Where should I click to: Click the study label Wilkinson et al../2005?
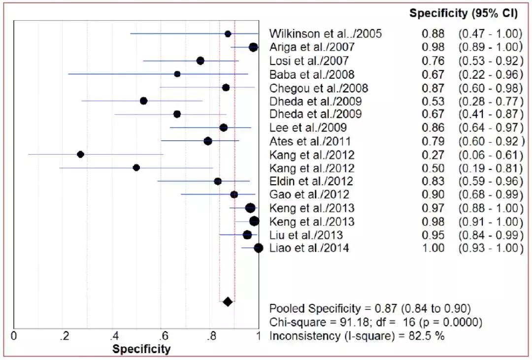click(326, 34)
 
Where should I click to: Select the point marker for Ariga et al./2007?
click(253, 47)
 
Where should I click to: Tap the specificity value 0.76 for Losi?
click(433, 61)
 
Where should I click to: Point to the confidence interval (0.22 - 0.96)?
click(491, 74)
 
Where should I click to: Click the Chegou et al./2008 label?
click(319, 88)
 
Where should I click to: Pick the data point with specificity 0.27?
click(81, 154)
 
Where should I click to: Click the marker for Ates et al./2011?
click(208, 141)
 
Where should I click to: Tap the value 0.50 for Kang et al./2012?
click(433, 168)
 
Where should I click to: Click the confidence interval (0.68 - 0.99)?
click(491, 195)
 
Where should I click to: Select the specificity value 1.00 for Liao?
click(433, 248)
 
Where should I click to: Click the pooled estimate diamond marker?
click(228, 301)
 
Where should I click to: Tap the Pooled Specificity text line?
click(370, 309)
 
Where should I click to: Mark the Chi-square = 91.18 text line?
click(375, 323)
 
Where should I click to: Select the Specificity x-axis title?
click(141, 349)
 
